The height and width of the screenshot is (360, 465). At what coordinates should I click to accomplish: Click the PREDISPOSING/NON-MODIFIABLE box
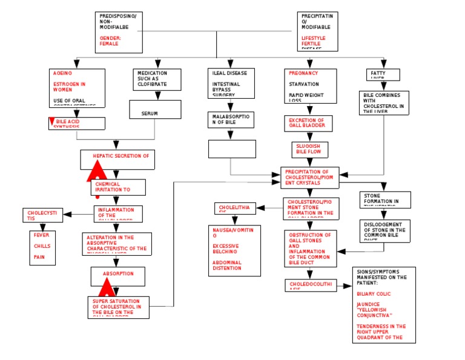point(119,32)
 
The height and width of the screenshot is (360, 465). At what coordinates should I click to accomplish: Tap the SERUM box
point(155,110)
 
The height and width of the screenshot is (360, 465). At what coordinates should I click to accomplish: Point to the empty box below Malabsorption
point(232,148)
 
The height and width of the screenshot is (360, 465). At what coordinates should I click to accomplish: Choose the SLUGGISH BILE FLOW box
point(309,149)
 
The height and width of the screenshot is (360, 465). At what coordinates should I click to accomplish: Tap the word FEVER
point(42,235)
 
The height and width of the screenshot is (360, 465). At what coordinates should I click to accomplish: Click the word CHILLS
point(42,246)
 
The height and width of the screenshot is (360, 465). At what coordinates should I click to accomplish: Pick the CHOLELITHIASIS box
point(236,208)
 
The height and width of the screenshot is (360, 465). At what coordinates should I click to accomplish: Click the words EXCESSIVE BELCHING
point(225,248)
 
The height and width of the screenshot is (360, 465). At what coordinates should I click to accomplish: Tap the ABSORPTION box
point(118,276)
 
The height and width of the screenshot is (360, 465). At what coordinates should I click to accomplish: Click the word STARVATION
point(303,84)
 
